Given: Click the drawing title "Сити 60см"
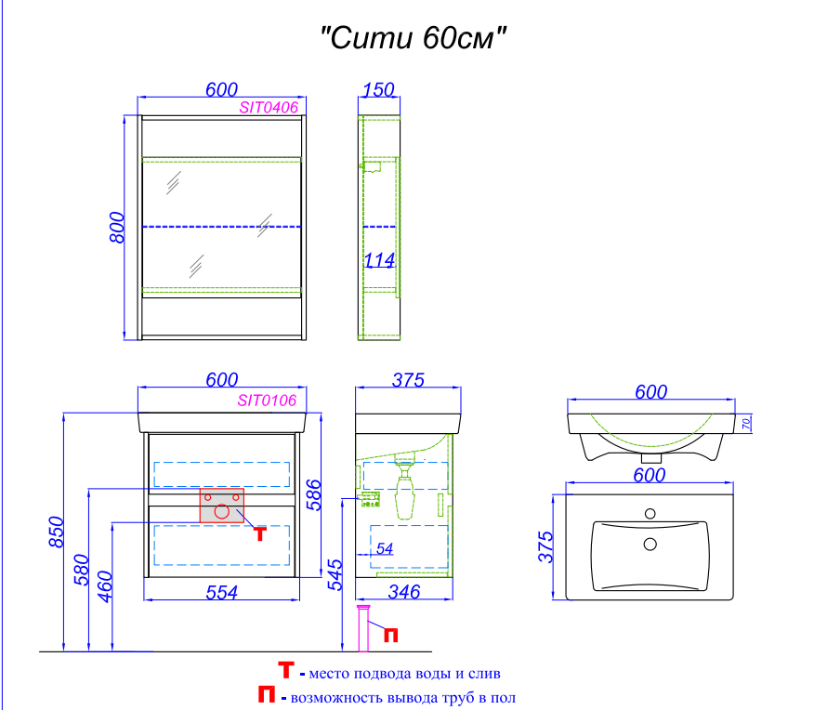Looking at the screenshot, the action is (x=414, y=38).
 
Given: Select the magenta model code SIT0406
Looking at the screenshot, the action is (x=269, y=108).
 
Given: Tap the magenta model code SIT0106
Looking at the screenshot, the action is (x=267, y=401).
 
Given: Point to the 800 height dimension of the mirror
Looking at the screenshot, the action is (x=117, y=228).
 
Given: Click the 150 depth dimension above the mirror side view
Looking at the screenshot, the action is (x=378, y=90).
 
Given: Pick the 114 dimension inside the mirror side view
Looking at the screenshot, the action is (x=379, y=260).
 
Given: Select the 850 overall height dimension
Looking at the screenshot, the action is (x=57, y=532).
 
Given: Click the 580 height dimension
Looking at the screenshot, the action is (x=82, y=570).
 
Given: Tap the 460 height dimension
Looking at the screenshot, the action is (x=105, y=586).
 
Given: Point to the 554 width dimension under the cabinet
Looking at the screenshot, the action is (x=222, y=592).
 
